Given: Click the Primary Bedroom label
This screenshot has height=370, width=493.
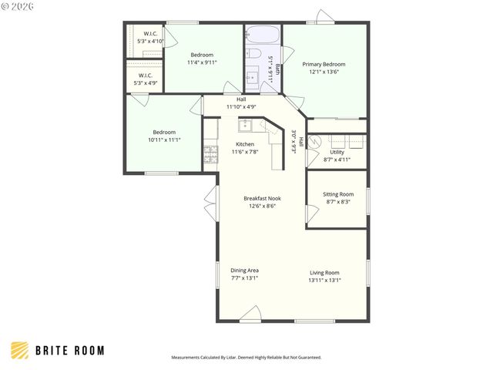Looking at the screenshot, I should (324, 64).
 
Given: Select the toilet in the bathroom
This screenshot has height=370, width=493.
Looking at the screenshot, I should (253, 54).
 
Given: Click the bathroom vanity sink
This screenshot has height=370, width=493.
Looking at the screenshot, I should (253, 77).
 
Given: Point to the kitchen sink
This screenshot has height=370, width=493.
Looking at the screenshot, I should (245, 126).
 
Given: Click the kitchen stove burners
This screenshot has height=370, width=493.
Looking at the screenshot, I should (209, 154).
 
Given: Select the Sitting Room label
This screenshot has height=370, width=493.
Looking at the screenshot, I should (338, 194).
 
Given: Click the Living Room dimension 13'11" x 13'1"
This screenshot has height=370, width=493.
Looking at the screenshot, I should (324, 280).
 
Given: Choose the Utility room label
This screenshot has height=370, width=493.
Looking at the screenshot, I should (337, 153).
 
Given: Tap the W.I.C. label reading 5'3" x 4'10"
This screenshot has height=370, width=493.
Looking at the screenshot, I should (147, 40).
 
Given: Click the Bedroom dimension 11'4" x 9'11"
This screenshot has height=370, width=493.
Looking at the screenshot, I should (202, 63).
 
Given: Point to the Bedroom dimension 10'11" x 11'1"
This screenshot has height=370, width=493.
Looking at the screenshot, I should (163, 140).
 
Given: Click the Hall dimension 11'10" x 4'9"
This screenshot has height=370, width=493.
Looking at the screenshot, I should (240, 106).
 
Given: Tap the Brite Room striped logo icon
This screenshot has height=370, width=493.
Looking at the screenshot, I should (19, 350).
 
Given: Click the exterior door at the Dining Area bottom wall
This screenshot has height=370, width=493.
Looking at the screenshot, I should (250, 315).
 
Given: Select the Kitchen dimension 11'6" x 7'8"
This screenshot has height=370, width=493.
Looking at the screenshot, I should (245, 152).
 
